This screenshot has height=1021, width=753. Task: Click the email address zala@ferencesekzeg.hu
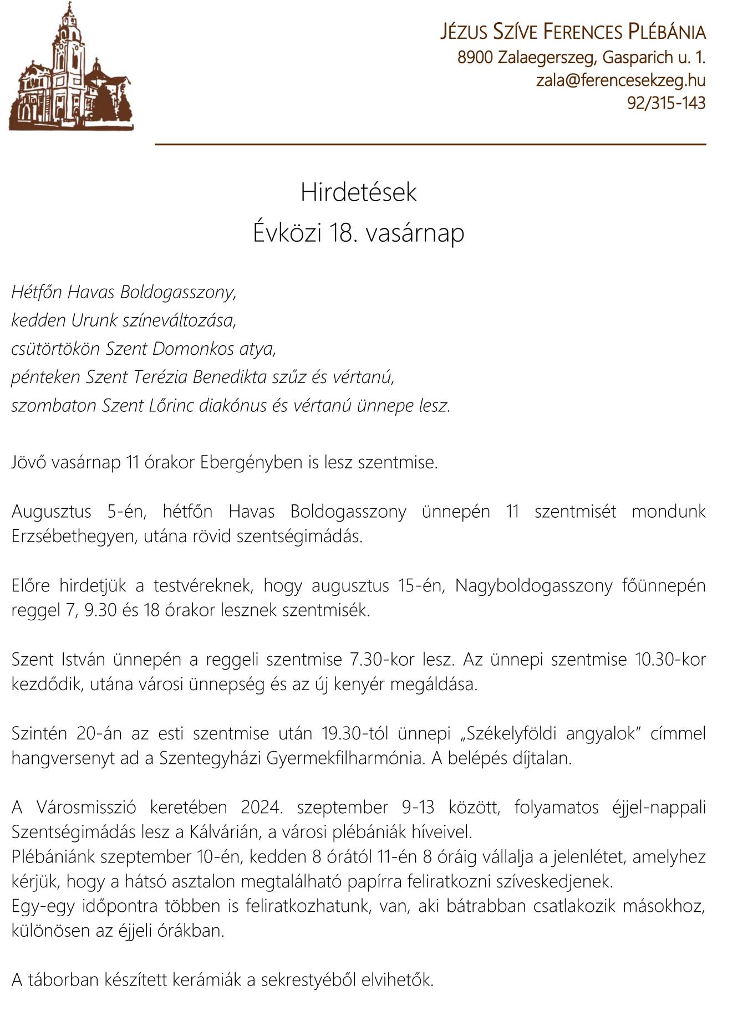[x=620, y=80]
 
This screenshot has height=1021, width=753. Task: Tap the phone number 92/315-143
[x=666, y=103]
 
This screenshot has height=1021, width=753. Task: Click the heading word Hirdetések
[x=358, y=192]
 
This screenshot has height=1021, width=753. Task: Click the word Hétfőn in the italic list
[x=37, y=292]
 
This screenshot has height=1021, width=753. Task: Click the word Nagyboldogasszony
[x=533, y=586]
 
